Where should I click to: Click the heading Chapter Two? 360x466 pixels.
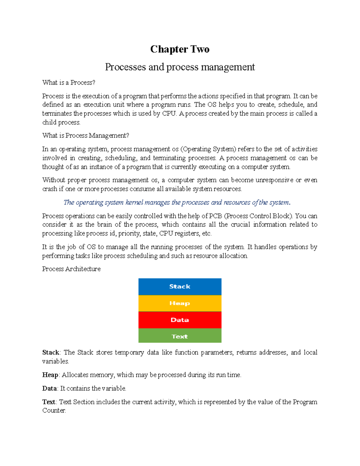coord(180,49)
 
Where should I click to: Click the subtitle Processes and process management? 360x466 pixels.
coord(180,67)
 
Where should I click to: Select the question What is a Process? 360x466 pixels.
coord(69,83)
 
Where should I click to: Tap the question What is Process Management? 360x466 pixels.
coord(85,136)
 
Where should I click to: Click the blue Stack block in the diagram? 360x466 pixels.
coord(180,287)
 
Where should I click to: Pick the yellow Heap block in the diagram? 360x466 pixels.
coord(180,303)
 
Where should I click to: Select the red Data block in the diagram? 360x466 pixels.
coord(180,320)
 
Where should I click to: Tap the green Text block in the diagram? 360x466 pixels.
coord(180,336)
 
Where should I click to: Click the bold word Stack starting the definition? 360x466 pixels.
coord(51,353)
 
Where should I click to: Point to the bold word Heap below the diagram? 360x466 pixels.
coord(50,375)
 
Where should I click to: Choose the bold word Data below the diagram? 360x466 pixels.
coord(49,389)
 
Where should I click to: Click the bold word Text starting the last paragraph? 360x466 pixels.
coord(49,402)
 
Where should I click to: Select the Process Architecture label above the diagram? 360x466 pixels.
coord(71,269)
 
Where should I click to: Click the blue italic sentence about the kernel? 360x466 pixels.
coord(177,203)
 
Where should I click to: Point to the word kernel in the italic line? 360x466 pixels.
coord(134,203)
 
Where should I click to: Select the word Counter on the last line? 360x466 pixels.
coord(54,410)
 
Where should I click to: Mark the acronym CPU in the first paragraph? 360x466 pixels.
coord(169,114)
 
